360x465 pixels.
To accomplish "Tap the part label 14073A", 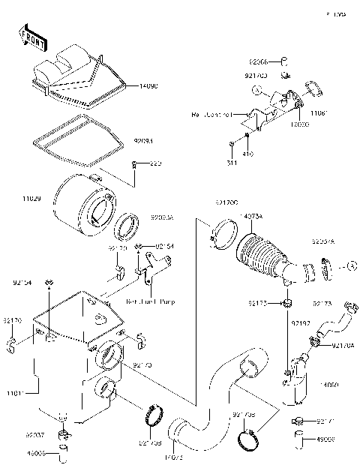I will (252, 216).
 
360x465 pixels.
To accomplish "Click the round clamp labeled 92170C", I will (218, 230).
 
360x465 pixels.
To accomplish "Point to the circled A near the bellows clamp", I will (352, 266).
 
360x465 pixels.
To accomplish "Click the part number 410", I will (247, 154).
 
